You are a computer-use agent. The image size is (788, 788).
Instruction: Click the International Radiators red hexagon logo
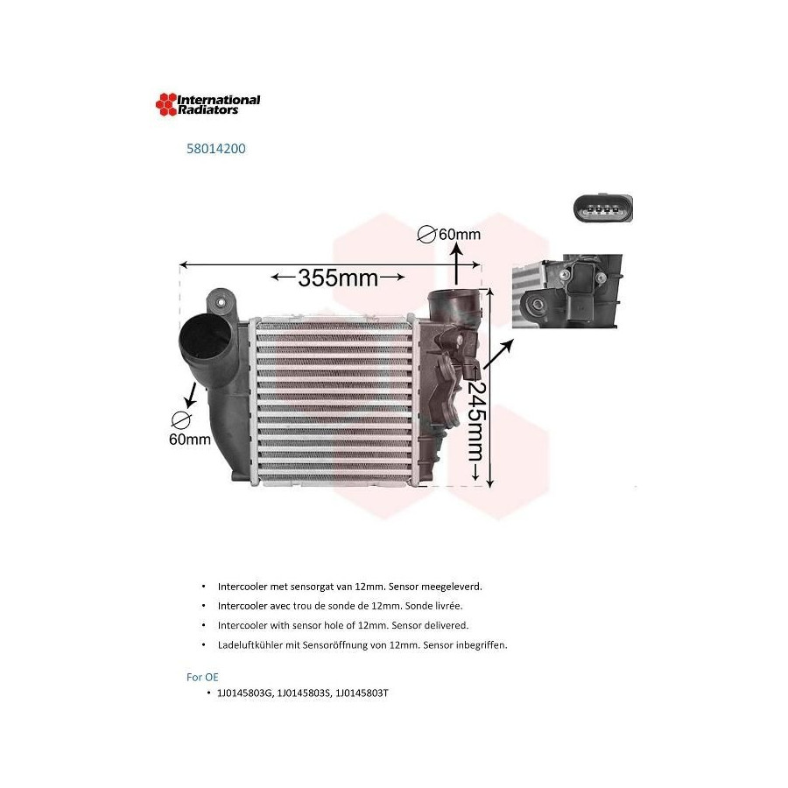pyautogui.click(x=166, y=104)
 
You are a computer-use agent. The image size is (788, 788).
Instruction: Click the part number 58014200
pyautogui.click(x=216, y=149)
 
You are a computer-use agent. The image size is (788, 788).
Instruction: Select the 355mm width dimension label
pyautogui.click(x=338, y=278)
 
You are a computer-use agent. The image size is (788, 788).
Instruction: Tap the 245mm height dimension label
pyautogui.click(x=475, y=421)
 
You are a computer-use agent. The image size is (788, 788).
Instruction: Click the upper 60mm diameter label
pyautogui.click(x=460, y=234)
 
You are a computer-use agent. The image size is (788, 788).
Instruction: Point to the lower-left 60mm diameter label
pyautogui.click(x=189, y=440)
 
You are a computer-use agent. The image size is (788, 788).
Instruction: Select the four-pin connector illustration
pyautogui.click(x=603, y=208)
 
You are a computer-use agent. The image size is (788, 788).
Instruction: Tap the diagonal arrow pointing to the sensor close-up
pyautogui.click(x=498, y=355)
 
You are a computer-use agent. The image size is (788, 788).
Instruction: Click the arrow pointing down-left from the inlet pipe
pyautogui.click(x=191, y=395)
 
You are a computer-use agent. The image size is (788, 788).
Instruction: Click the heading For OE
pyautogui.click(x=202, y=677)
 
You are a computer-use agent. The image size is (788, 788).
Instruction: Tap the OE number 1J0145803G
pyautogui.click(x=245, y=693)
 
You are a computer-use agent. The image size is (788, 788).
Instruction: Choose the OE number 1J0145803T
pyautogui.click(x=362, y=693)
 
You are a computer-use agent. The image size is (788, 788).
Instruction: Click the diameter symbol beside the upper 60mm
pyautogui.click(x=426, y=234)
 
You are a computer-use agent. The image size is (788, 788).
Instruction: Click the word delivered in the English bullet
pyautogui.click(x=447, y=625)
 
